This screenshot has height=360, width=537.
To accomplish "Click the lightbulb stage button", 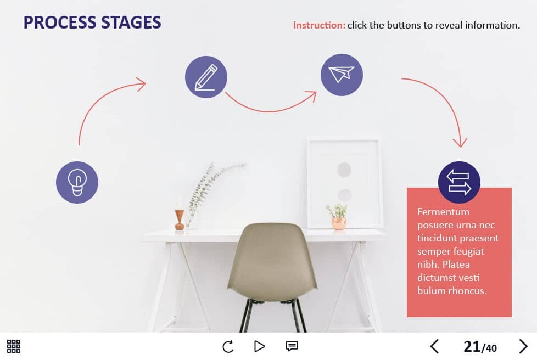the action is (77, 182).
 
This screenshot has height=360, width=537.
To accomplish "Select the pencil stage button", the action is (206, 77).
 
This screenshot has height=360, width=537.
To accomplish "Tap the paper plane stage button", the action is (342, 75).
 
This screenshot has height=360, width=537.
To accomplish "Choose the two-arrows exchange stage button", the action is (459, 182).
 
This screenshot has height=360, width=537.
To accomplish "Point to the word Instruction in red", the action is (319, 25).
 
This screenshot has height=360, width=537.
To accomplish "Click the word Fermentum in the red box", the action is (443, 212).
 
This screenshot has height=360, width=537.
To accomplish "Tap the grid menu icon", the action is (14, 346).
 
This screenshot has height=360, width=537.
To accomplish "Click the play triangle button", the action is (259, 346).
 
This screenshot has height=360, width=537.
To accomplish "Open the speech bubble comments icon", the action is (292, 346).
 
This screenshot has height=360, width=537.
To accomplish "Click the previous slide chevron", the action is (435, 346).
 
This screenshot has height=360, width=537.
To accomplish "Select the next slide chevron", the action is (523, 346).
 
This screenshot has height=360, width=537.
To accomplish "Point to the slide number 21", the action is (472, 347).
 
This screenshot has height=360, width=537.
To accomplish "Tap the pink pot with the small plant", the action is (338, 223).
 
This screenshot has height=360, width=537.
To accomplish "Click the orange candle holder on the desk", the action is (180, 220).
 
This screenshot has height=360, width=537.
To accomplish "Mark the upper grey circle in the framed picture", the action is (344, 170).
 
